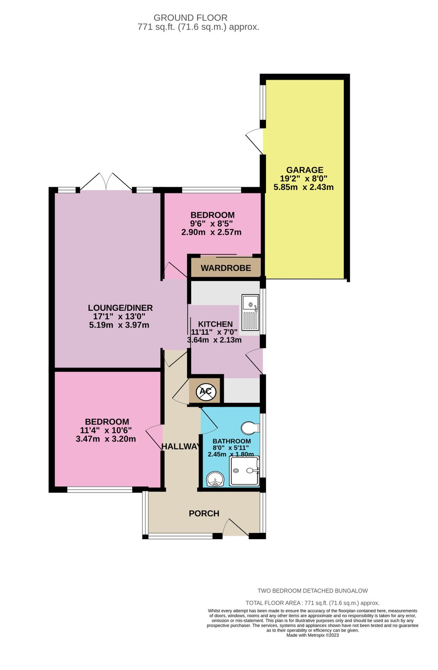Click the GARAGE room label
coord(305,170)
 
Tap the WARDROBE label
coord(226,268)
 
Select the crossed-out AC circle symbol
coord(206,391)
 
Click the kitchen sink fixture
coord(251,313)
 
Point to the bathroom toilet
coord(250,428)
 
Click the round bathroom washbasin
coord(215,480)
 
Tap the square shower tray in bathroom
coord(244,471)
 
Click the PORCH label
coord(204,514)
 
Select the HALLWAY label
coord(181,446)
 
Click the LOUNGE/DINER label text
coord(120,308)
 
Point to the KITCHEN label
coord(215,325)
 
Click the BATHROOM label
coord(231,441)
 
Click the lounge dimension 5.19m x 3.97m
coord(119,325)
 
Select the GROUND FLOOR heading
coord(190,18)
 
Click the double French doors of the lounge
coord(106,182)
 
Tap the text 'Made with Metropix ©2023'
coord(313,635)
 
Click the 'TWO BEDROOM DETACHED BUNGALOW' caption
coord(313,591)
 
